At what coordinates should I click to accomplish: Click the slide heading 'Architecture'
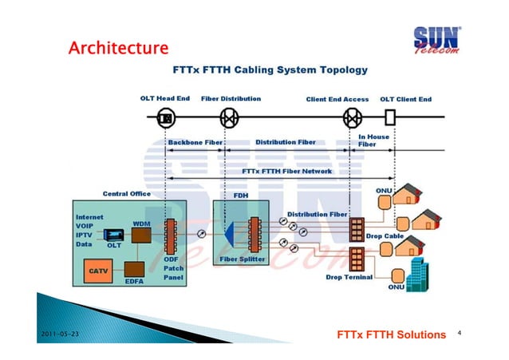[x=118, y=49]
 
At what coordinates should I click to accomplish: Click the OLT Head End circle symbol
[x=166, y=119]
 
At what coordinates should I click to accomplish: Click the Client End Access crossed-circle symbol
[x=352, y=119]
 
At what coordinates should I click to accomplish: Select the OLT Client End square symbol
[x=390, y=119]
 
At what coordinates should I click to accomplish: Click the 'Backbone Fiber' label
[x=195, y=143]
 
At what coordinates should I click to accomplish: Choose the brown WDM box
[x=141, y=233]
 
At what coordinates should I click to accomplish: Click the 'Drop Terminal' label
[x=349, y=278]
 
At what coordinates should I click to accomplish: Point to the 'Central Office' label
[x=126, y=193]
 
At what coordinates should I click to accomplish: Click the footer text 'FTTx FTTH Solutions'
[x=392, y=334]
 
